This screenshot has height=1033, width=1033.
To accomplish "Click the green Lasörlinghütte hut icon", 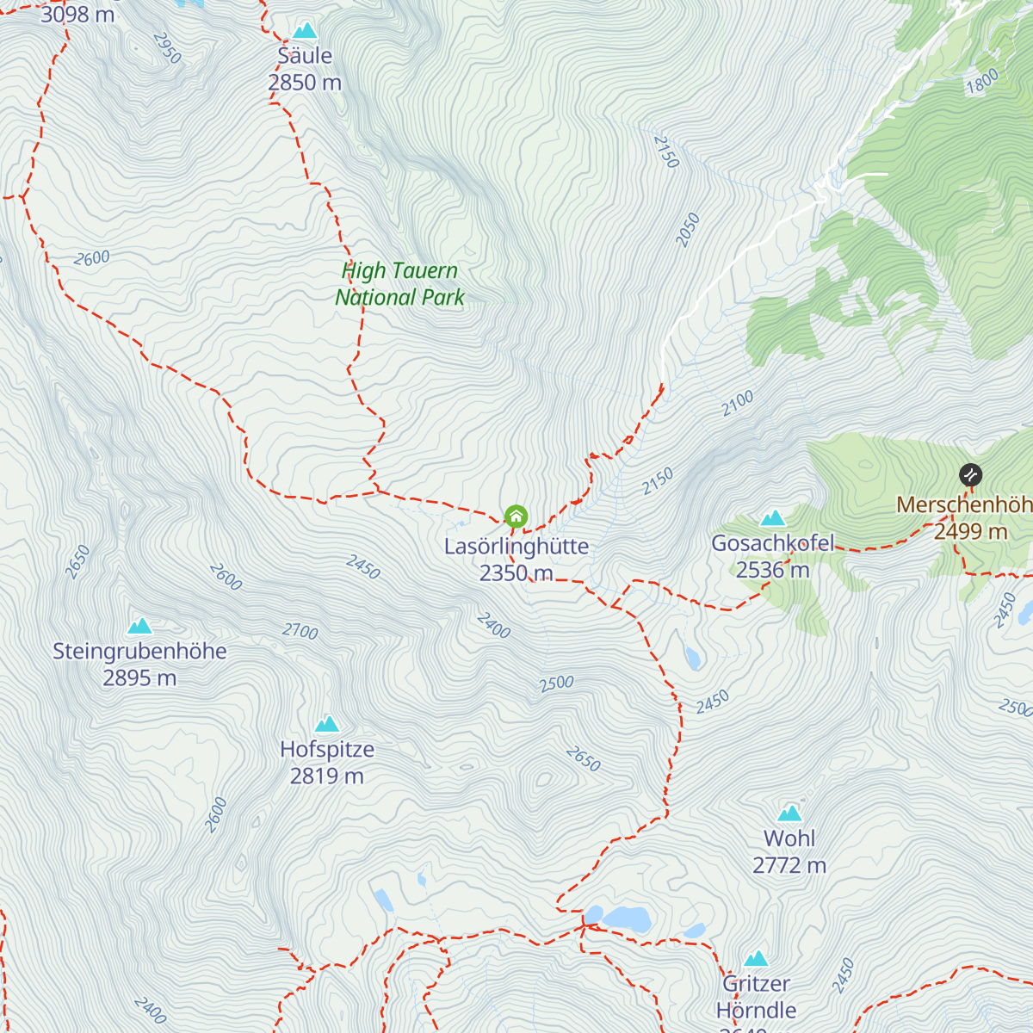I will tap(516, 516).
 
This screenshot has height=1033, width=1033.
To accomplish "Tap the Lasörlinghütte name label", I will tap(516, 546).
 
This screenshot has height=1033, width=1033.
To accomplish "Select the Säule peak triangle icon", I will tap(305, 31).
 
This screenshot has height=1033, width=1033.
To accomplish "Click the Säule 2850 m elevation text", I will tap(305, 83).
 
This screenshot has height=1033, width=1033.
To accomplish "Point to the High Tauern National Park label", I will tap(399, 284).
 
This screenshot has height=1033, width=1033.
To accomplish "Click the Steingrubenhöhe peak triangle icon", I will tap(139, 626).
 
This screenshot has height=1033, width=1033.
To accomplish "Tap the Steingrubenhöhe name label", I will tap(139, 651).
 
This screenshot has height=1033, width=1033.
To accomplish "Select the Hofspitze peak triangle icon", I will tap(327, 724).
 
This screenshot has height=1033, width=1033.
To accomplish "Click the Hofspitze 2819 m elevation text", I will tap(327, 776).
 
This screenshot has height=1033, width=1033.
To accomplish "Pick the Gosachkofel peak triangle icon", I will tap(773, 518).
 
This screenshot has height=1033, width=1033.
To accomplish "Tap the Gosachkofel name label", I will tap(773, 543).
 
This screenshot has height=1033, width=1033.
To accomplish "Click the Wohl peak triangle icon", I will tap(789, 813).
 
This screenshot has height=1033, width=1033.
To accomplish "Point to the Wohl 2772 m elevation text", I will tap(789, 865).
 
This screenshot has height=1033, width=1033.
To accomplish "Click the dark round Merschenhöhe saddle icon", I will tap(970, 474).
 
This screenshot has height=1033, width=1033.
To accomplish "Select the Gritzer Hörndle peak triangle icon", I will tap(756, 958).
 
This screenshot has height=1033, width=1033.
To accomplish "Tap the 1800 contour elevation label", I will tap(982, 81).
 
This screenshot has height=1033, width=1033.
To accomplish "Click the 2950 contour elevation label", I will tap(167, 48).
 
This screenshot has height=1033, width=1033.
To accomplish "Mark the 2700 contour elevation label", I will tap(300, 632).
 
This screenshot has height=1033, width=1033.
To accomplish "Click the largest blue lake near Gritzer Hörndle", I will tap(626, 918).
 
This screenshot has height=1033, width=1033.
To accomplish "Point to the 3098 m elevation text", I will tap(77, 14).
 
